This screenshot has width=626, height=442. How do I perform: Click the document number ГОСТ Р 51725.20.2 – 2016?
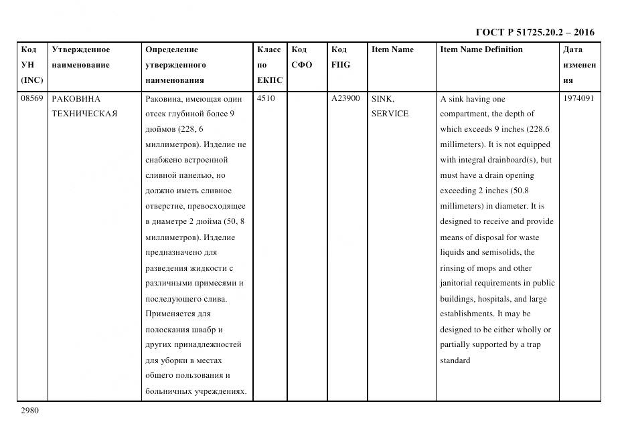point(534,32)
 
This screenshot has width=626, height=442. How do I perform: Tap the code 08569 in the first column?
point(31,98)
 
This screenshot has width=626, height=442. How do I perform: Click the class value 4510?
point(266,98)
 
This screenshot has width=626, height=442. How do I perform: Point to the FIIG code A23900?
point(345,98)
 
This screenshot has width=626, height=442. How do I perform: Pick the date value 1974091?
point(578,98)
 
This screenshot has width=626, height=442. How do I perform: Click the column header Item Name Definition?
point(481,49)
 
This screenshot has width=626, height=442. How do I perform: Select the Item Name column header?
point(392,49)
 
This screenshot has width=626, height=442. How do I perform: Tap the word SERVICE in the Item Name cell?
point(390,114)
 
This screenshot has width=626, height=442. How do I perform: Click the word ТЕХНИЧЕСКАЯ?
point(84,114)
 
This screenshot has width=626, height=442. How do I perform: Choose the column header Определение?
point(171,49)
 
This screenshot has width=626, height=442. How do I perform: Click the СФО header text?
point(302,65)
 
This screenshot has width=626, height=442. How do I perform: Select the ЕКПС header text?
point(270,80)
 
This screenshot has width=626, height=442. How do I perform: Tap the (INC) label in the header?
point(32,80)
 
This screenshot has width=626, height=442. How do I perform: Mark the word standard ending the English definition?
point(455,361)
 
